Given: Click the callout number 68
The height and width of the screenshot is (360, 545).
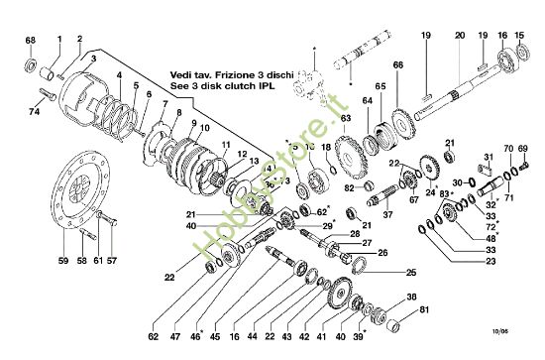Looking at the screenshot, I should click(31, 41).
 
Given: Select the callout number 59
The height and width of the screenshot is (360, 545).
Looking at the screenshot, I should click(61, 261).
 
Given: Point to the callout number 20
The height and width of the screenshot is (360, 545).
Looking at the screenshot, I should click(459, 36).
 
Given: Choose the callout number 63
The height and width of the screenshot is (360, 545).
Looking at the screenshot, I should click(346, 118).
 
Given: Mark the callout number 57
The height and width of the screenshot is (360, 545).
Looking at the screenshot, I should click(111, 261).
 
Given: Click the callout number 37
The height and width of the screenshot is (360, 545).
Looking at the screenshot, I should click(388, 213).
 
